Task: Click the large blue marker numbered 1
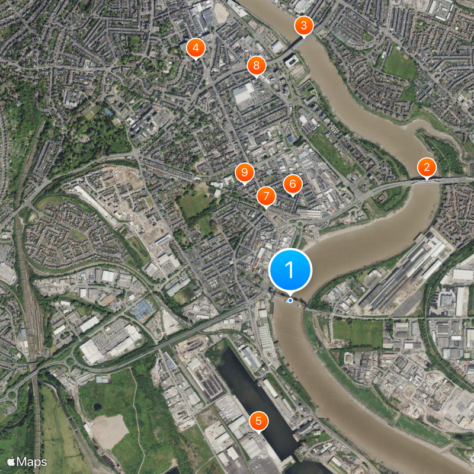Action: coord(290,270)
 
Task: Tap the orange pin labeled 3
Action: coord(303,25)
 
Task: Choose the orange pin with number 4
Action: coord(196,48)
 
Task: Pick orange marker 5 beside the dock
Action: coord(258,421)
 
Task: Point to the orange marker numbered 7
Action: coord(266,196)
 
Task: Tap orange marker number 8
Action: coord(256,65)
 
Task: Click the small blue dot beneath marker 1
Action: coord(290,300)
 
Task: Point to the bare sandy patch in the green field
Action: coord(109,430)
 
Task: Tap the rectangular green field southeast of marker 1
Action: coord(358,332)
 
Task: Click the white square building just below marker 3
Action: coord(293,60)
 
